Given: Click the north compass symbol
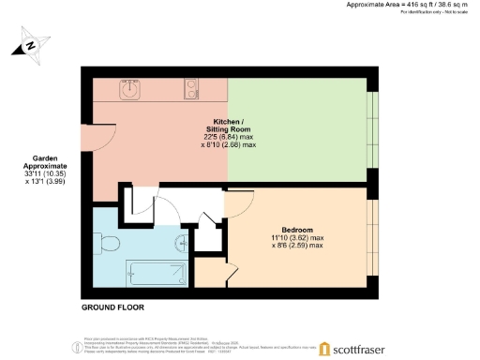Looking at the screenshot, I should pyautogui.click(x=32, y=44).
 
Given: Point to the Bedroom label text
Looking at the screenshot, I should pyautogui.click(x=296, y=230).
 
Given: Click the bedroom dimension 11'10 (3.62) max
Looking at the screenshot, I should pyautogui.click(x=296, y=238).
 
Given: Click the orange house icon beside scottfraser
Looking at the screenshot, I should pyautogui.click(x=325, y=349).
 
